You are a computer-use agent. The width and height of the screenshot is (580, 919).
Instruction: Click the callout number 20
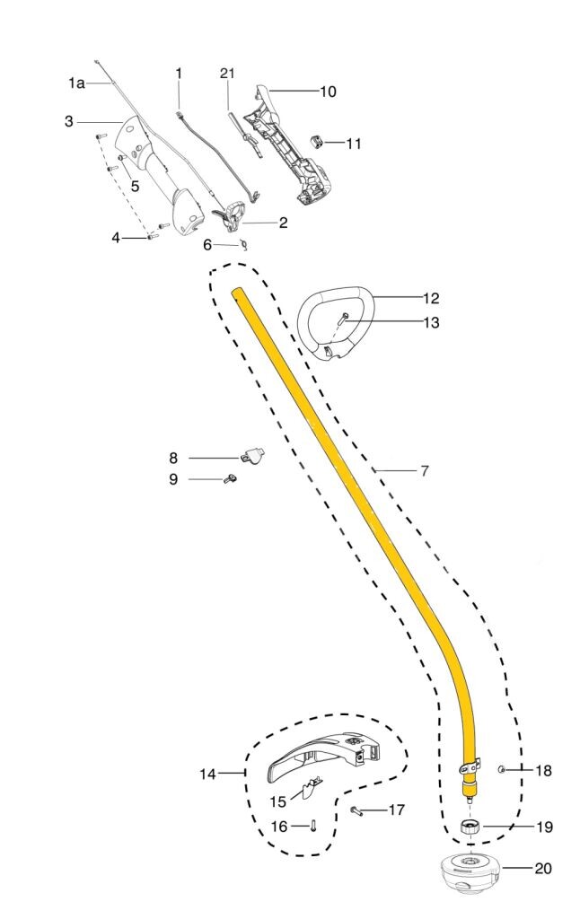click(543, 868)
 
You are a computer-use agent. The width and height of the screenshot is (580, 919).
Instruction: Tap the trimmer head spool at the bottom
click(470, 874)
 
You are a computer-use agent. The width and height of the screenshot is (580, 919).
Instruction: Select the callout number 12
click(430, 298)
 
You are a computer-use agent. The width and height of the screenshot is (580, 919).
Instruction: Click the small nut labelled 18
click(501, 769)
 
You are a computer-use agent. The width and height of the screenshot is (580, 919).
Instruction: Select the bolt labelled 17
click(356, 810)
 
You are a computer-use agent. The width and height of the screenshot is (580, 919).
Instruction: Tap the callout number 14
click(207, 775)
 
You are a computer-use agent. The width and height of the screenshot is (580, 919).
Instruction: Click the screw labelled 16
click(313, 826)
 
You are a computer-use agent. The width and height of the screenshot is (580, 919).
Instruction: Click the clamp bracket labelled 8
click(251, 455)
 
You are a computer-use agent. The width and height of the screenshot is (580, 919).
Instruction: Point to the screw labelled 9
click(231, 479)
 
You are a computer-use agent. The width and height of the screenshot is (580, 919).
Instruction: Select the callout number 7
click(425, 470)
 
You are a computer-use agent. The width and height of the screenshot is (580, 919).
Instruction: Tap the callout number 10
click(328, 92)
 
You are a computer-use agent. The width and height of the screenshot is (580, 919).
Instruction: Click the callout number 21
click(227, 74)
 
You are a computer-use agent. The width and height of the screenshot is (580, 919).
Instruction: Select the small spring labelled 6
click(244, 244)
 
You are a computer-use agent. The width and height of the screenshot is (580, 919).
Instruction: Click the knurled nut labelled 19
click(470, 827)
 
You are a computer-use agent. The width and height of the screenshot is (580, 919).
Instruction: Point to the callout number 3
click(69, 121)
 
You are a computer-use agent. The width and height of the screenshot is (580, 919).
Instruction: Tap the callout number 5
click(135, 187)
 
